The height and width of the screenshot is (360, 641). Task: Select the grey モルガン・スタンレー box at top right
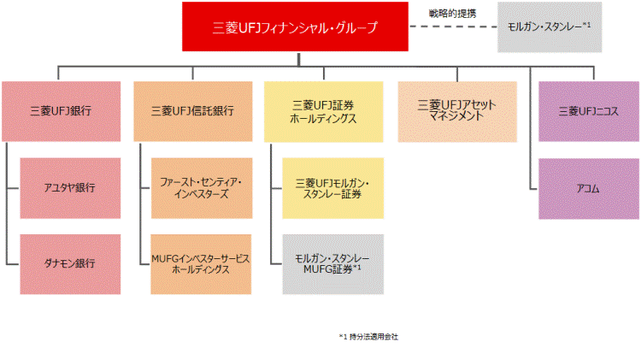(550, 27)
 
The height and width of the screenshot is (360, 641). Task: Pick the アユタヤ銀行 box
(70, 188)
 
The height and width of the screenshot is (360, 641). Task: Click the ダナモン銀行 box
(70, 264)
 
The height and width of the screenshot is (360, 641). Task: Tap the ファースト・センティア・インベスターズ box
(202, 188)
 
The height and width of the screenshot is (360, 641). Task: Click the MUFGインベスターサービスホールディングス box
(202, 264)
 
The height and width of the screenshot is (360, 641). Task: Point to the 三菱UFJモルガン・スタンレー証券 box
(332, 188)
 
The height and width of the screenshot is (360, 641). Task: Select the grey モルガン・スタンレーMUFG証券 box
(332, 264)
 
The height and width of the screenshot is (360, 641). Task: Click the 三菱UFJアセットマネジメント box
(456, 111)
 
